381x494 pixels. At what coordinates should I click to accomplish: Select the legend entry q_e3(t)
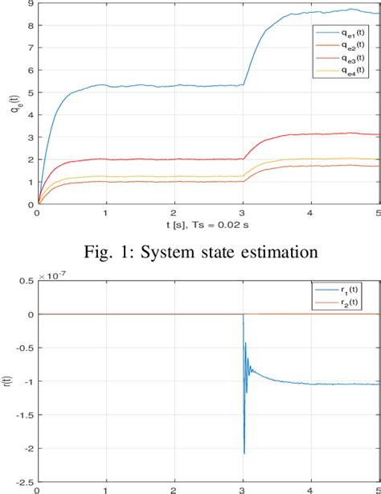pos(344,59)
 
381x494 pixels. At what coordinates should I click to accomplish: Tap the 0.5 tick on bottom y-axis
pos(24,281)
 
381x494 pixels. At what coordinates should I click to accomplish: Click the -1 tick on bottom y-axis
pos(24,381)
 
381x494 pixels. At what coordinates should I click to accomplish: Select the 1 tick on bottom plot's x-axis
pos(105,489)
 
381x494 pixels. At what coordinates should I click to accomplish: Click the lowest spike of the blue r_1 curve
pos(244,453)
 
